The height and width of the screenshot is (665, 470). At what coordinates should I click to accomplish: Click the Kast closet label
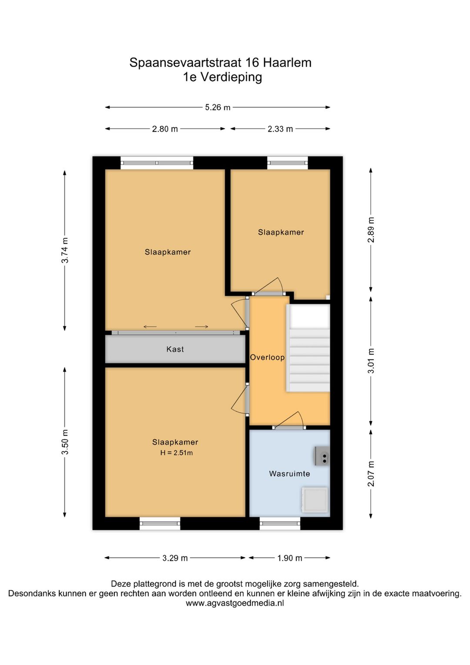point(175,349)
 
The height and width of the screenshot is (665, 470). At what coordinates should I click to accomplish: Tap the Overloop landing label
point(267,357)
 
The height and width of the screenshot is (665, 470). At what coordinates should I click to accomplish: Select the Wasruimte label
point(289,474)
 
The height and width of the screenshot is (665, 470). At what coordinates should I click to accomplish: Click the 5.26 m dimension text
point(218,107)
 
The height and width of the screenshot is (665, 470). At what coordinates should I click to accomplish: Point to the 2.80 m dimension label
point(165,129)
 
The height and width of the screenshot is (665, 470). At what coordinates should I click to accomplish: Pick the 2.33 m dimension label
point(280,129)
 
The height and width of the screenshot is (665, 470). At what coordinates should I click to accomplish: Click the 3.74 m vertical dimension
point(65,250)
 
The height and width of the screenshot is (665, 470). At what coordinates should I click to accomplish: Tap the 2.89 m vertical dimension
point(371,230)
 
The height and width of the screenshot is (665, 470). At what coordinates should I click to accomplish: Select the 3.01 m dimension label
point(371,360)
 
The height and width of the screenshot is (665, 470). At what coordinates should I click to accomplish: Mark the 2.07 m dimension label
point(371,474)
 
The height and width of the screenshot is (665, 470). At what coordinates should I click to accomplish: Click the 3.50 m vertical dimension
point(65,442)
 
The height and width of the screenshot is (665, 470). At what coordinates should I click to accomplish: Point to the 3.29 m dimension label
point(175,558)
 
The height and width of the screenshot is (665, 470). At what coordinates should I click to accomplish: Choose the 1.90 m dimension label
point(290,558)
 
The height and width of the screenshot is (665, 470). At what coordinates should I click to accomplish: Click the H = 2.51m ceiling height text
point(176,453)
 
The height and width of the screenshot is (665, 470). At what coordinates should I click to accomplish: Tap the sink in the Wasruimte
point(322,456)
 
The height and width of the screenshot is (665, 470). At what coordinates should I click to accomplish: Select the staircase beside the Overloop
point(309,348)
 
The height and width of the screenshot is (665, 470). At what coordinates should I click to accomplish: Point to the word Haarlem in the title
point(287,63)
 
